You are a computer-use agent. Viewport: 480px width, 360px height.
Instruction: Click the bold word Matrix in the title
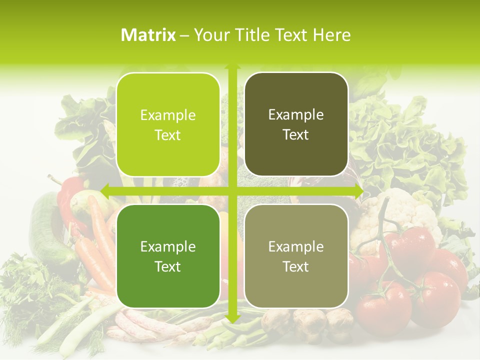(148, 35)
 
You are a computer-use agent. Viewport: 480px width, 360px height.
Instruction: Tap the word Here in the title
(331, 35)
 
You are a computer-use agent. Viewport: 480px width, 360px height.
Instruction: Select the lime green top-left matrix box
(168, 124)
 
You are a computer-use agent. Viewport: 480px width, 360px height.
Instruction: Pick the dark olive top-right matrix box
(296, 124)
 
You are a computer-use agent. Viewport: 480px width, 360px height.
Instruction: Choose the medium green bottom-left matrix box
(168, 256)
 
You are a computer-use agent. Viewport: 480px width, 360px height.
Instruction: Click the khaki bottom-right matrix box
(296, 256)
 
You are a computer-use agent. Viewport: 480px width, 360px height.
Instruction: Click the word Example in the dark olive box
(296, 114)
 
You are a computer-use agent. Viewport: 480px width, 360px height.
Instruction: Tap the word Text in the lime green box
(168, 135)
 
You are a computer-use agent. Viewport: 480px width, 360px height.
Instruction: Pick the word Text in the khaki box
(296, 266)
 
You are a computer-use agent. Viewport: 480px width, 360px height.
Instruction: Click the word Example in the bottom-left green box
(168, 246)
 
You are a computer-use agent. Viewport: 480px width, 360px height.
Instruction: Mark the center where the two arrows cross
(232, 190)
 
